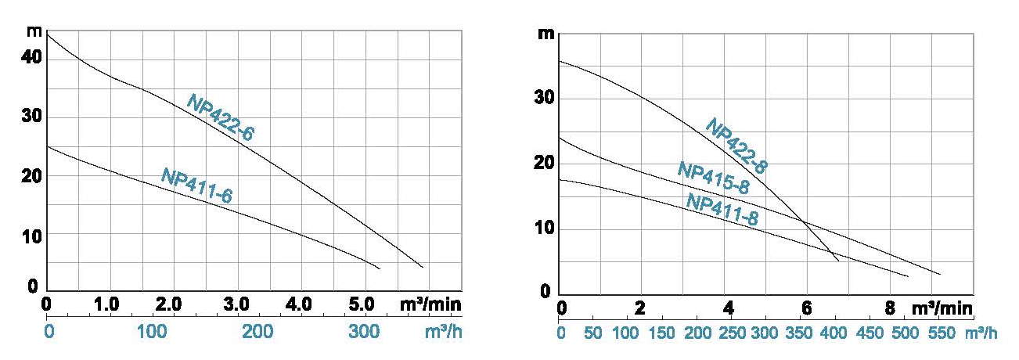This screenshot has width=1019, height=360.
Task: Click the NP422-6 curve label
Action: [x=220, y=117]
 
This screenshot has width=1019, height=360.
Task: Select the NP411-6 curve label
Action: [x=196, y=186]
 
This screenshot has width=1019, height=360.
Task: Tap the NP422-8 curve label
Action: [x=736, y=146]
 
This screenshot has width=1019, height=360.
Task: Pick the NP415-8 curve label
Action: [x=713, y=178]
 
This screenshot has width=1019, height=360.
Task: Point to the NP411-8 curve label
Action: [x=722, y=210]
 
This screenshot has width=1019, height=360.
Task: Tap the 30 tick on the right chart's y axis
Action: [x=546, y=99]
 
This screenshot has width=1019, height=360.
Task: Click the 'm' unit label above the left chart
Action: [x=33, y=33]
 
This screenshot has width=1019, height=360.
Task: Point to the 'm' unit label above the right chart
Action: [x=546, y=34]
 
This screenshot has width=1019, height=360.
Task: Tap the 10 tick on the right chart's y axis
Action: [x=546, y=229]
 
